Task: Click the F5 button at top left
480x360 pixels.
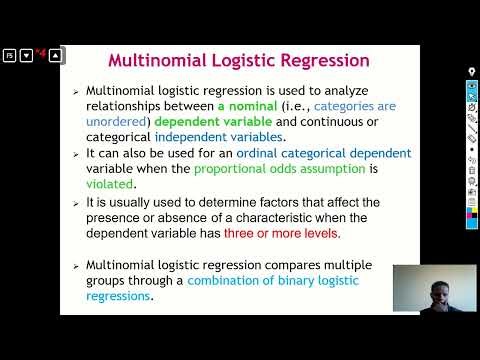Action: coord(8,55)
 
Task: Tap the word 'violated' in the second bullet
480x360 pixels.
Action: coord(111,184)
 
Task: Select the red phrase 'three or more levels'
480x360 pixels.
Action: coord(282,233)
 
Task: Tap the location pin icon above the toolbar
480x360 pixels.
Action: coord(472,72)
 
